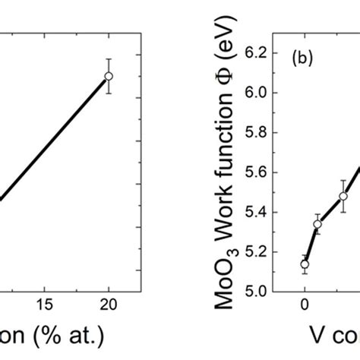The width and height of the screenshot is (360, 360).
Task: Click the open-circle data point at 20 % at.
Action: click(x=109, y=76)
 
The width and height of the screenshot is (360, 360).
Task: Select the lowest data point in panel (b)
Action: click(x=305, y=264)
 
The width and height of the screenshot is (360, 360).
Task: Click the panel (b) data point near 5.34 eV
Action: click(x=317, y=224)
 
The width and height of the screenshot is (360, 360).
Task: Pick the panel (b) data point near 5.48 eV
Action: click(x=343, y=196)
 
